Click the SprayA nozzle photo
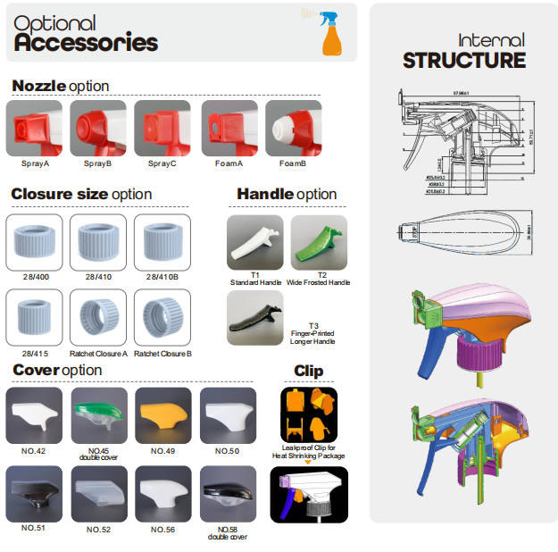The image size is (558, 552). tap(34, 129)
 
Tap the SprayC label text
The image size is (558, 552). tap(162, 164)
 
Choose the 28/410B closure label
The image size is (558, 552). tap(162, 278)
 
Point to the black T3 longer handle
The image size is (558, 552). tap(255, 319)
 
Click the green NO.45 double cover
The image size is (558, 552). tap(98, 413)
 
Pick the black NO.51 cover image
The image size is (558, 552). tap(34, 491)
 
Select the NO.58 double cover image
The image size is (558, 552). tap(228, 491)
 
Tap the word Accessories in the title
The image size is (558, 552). tap(86, 41)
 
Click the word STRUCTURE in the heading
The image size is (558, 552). tap(464, 61)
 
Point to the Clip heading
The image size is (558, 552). tap(308, 371)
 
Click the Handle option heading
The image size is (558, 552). tap(287, 194)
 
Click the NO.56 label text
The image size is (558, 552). tap(162, 530)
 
